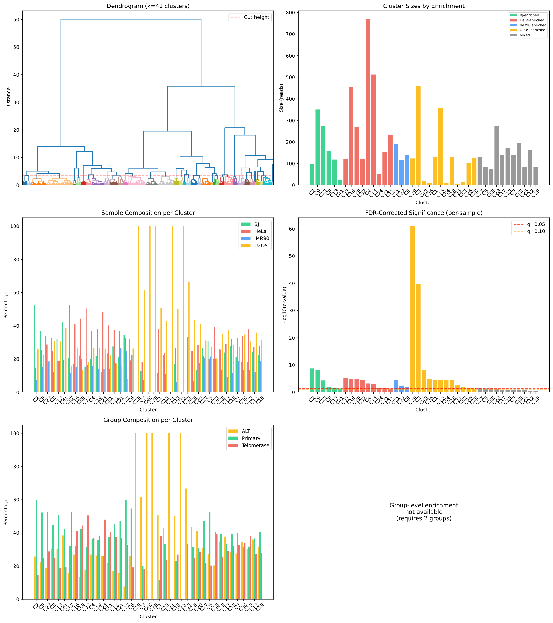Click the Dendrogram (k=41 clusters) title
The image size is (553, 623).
[148, 6]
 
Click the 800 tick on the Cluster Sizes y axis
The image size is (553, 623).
[290, 13]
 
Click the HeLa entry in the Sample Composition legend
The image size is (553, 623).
[260, 231]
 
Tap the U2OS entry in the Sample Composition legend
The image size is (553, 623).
[260, 246]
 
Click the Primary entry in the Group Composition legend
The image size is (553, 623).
[251, 438]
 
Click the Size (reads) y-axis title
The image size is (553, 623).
[281, 98]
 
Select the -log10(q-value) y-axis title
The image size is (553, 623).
[285, 305]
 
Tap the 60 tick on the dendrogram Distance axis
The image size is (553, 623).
[16, 20]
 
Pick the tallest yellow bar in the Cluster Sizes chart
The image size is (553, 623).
[418, 136]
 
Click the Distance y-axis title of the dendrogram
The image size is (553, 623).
[8, 98]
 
